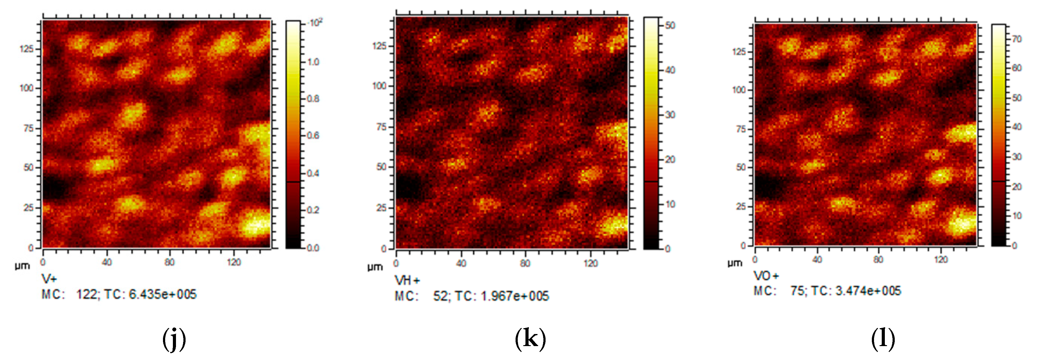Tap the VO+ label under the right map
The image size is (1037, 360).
click(766, 276)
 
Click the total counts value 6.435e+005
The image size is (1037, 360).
click(163, 294)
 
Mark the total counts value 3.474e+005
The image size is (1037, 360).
click(868, 291)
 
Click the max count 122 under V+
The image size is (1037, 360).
click(87, 294)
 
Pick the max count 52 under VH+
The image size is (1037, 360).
click(440, 296)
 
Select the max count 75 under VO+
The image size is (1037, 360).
click(797, 291)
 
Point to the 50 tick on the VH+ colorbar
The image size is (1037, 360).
click(670, 25)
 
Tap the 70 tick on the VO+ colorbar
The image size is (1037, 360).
click(1017, 39)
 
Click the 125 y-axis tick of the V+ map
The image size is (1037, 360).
click(26, 49)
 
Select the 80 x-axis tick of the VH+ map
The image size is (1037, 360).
click(525, 264)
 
